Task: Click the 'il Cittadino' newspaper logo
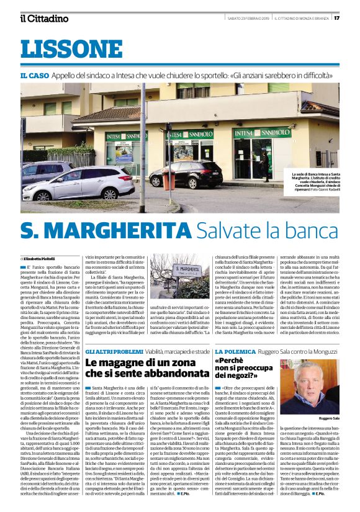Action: coord(44,18)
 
